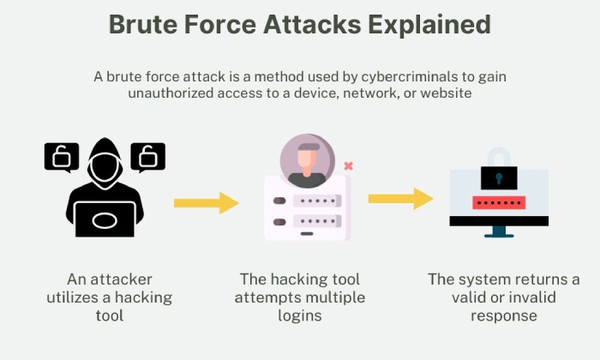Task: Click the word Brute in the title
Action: [143, 24]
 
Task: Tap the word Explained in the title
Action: [429, 25]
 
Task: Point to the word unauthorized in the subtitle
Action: [171, 93]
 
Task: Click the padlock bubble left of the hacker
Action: [62, 157]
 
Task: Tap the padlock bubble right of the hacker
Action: [148, 157]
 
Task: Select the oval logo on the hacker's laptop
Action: [105, 221]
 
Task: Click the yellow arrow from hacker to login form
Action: [207, 203]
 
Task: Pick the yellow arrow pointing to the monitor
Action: [400, 199]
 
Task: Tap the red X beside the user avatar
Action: [348, 165]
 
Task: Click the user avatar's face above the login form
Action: [307, 160]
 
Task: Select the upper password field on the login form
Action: [317, 201]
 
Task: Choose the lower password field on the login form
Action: [317, 221]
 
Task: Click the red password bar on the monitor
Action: [499, 203]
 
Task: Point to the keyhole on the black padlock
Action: [499, 178]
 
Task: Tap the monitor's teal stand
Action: [499, 231]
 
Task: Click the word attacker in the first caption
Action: [121, 279]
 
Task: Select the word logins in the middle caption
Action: [300, 316]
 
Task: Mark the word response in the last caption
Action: [504, 316]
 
